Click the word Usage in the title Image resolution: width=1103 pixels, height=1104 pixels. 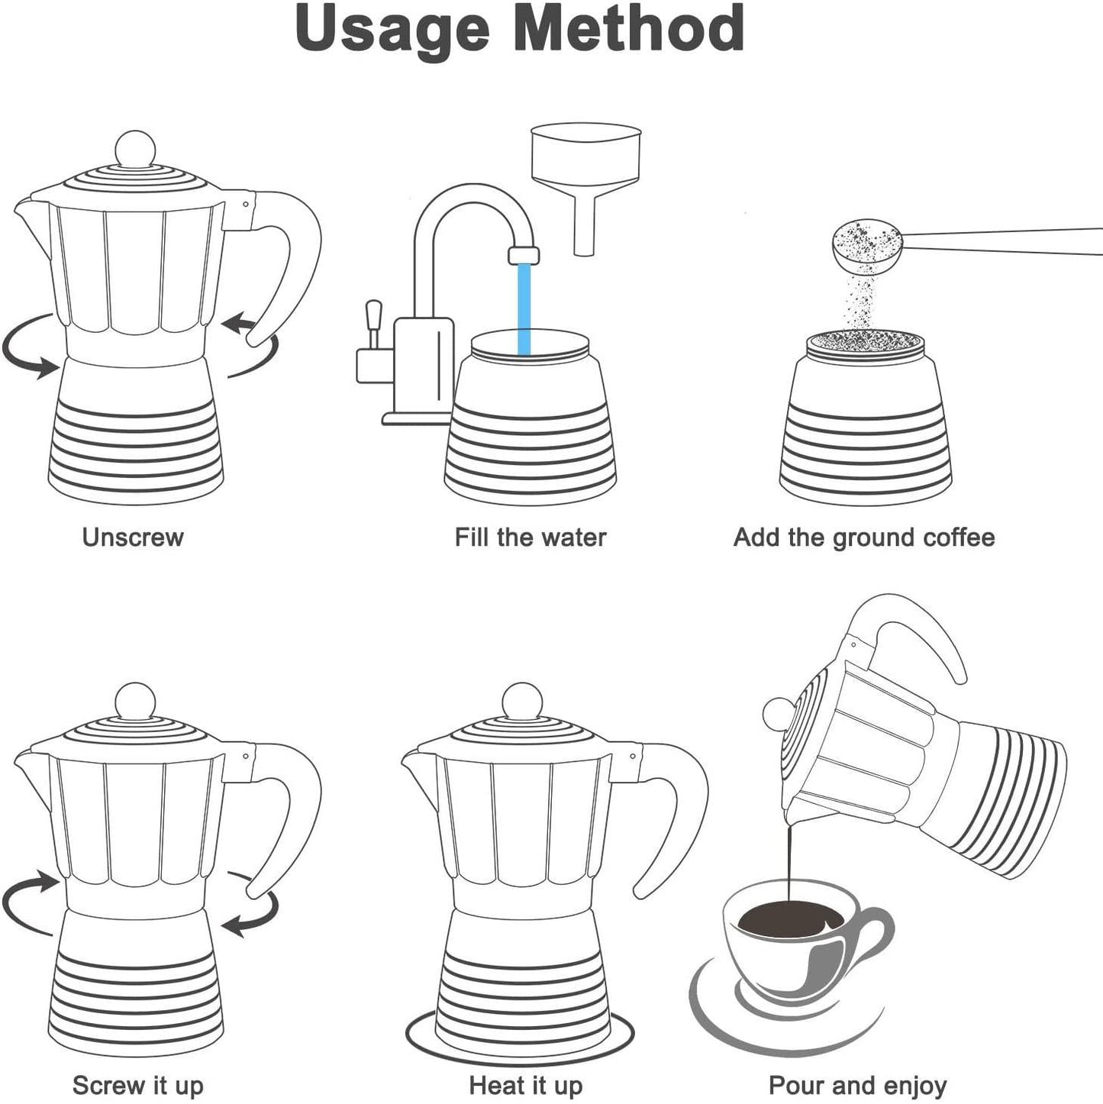click(x=392, y=30)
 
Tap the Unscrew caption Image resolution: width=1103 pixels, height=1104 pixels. click(x=132, y=537)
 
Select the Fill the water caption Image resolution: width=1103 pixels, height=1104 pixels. click(x=530, y=537)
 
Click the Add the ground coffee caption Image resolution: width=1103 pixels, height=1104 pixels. click(x=864, y=538)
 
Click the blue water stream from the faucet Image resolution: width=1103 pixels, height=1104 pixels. click(x=524, y=309)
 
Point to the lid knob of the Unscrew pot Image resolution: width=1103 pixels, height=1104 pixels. click(x=135, y=149)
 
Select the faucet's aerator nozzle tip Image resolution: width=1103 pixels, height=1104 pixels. click(x=524, y=256)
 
